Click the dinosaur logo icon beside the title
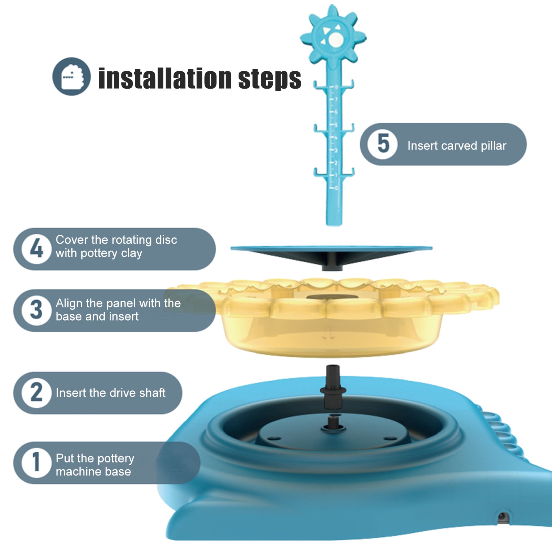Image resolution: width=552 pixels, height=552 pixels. (72, 76)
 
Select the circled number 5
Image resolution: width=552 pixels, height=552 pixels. (382, 144)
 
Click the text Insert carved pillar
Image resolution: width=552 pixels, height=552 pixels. (457, 145)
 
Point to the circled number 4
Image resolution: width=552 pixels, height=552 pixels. (37, 249)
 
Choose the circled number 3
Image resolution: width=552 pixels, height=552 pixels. (37, 310)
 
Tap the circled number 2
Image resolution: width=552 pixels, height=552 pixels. (37, 393)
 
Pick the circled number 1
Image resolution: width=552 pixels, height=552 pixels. (37, 462)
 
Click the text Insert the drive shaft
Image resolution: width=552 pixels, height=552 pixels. (111, 393)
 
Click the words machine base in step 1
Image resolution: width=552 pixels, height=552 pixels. (93, 471)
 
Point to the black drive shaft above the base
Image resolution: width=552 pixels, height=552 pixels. (333, 387)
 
